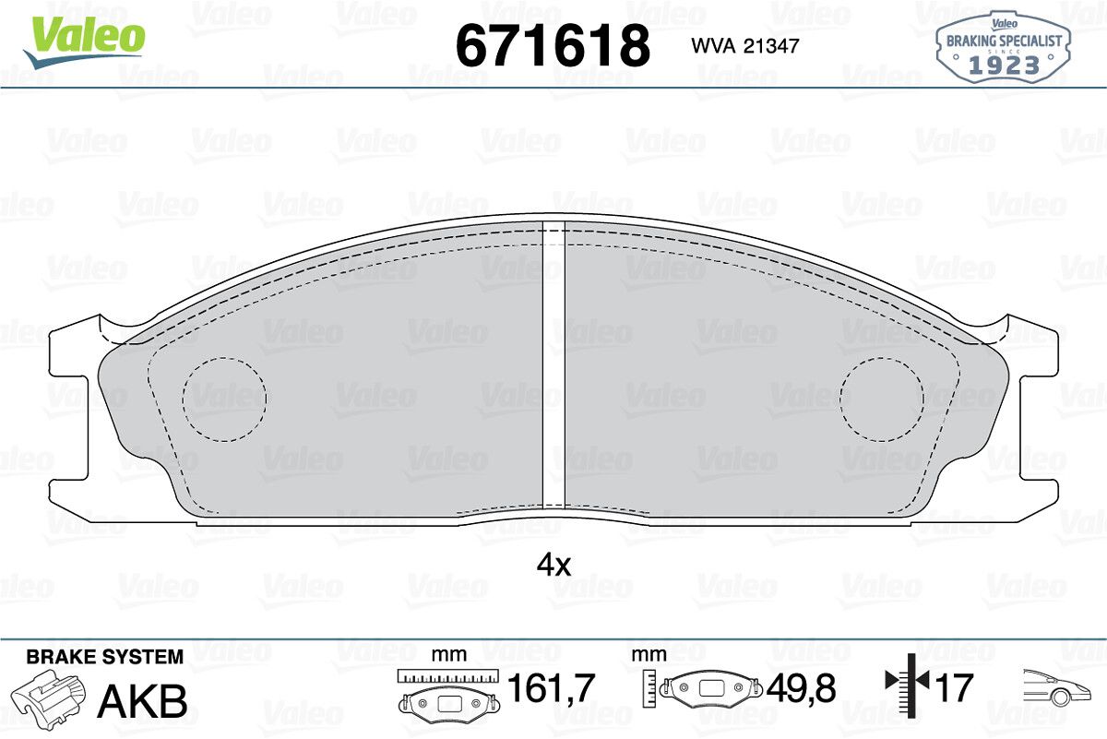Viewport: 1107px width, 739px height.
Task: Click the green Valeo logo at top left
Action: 84,42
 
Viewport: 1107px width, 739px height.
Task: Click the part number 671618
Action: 553,45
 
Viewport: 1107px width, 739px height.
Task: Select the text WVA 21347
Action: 745,46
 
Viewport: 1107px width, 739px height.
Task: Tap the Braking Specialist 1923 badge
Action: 1004,47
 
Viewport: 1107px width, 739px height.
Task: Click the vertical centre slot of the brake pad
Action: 553,364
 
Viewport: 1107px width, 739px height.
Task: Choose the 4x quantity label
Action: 553,565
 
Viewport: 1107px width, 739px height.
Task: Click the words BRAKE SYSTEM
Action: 105,657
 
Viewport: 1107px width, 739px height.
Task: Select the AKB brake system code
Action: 142,701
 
